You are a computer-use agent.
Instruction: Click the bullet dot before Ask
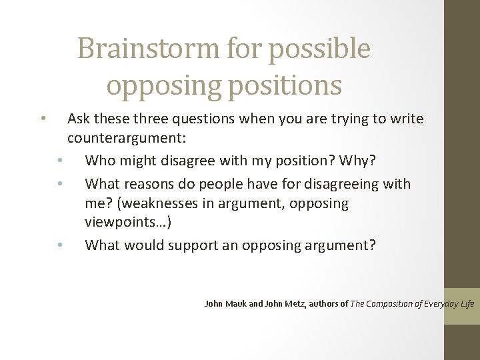pyautogui.click(x=42, y=120)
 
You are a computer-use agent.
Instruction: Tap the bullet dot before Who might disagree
pyautogui.click(x=60, y=161)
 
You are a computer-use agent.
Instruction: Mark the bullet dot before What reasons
pyautogui.click(x=60, y=184)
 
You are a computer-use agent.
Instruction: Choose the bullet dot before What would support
pyautogui.click(x=60, y=246)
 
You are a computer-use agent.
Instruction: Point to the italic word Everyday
pyautogui.click(x=441, y=303)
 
